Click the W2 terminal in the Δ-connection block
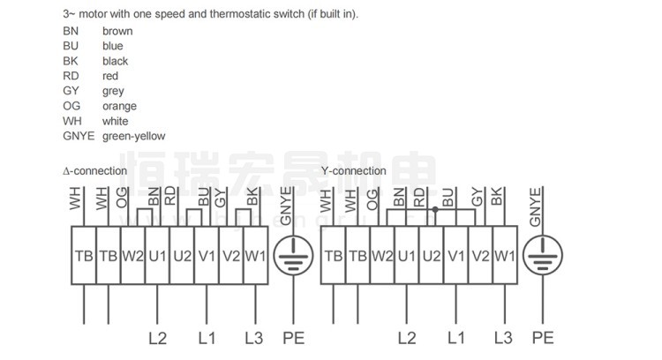(132, 257)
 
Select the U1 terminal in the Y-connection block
(407, 257)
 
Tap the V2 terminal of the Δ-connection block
(231, 257)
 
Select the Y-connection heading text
(353, 171)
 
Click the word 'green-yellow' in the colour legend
(133, 136)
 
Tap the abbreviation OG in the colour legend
(71, 106)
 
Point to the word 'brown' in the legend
(117, 31)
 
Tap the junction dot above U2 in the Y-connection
(433, 211)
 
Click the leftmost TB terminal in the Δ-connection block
(83, 257)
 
